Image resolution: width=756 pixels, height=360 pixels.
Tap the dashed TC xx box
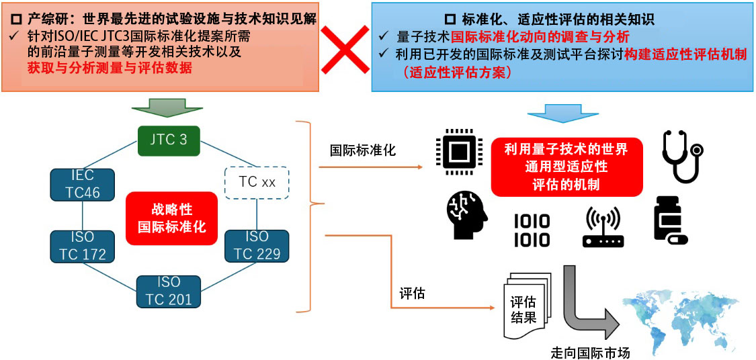257,181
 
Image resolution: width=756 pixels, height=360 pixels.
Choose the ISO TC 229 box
256,246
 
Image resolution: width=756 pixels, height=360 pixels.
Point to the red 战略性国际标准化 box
172,218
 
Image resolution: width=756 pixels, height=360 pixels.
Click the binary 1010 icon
532,230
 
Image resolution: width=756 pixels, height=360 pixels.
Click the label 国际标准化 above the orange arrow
363,150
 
